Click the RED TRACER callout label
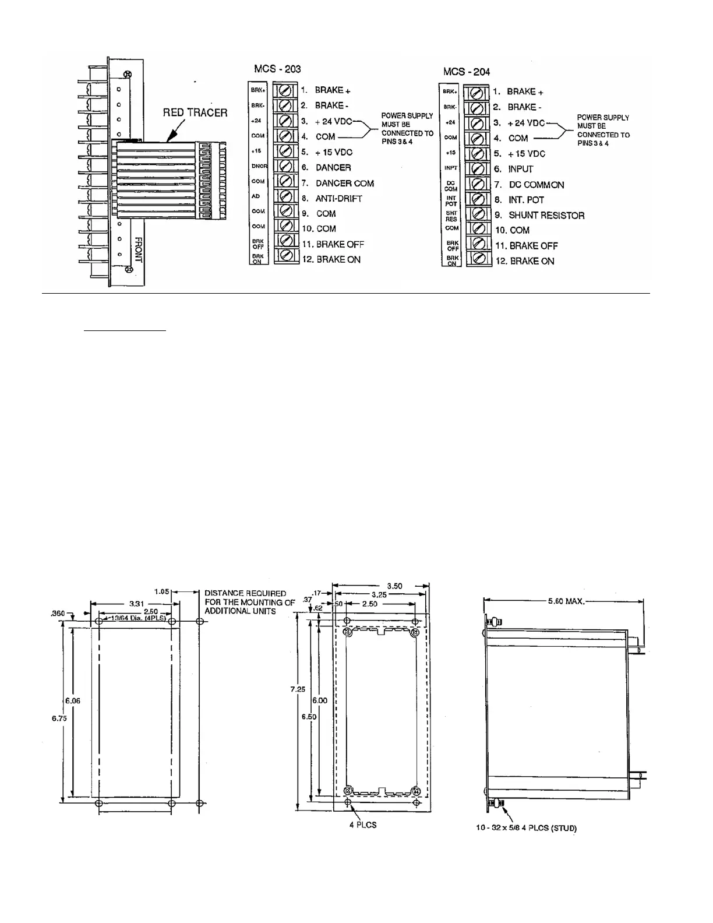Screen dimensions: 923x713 [x=195, y=112]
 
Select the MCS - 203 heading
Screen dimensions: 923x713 [x=277, y=69]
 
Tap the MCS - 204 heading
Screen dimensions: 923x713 [x=467, y=72]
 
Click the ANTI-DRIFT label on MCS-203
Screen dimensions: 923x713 [x=338, y=199]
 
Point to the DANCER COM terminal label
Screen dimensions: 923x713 [x=344, y=183]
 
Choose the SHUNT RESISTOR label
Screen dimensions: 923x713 [x=546, y=215]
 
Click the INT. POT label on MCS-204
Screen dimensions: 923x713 [x=526, y=200]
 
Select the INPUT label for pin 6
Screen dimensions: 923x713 [x=520, y=169]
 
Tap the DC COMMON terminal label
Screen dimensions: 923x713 [x=536, y=185]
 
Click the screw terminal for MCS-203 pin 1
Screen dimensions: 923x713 [x=285, y=90]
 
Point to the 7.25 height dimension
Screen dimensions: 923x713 [x=298, y=689]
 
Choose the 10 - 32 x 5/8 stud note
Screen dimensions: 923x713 [x=526, y=828]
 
